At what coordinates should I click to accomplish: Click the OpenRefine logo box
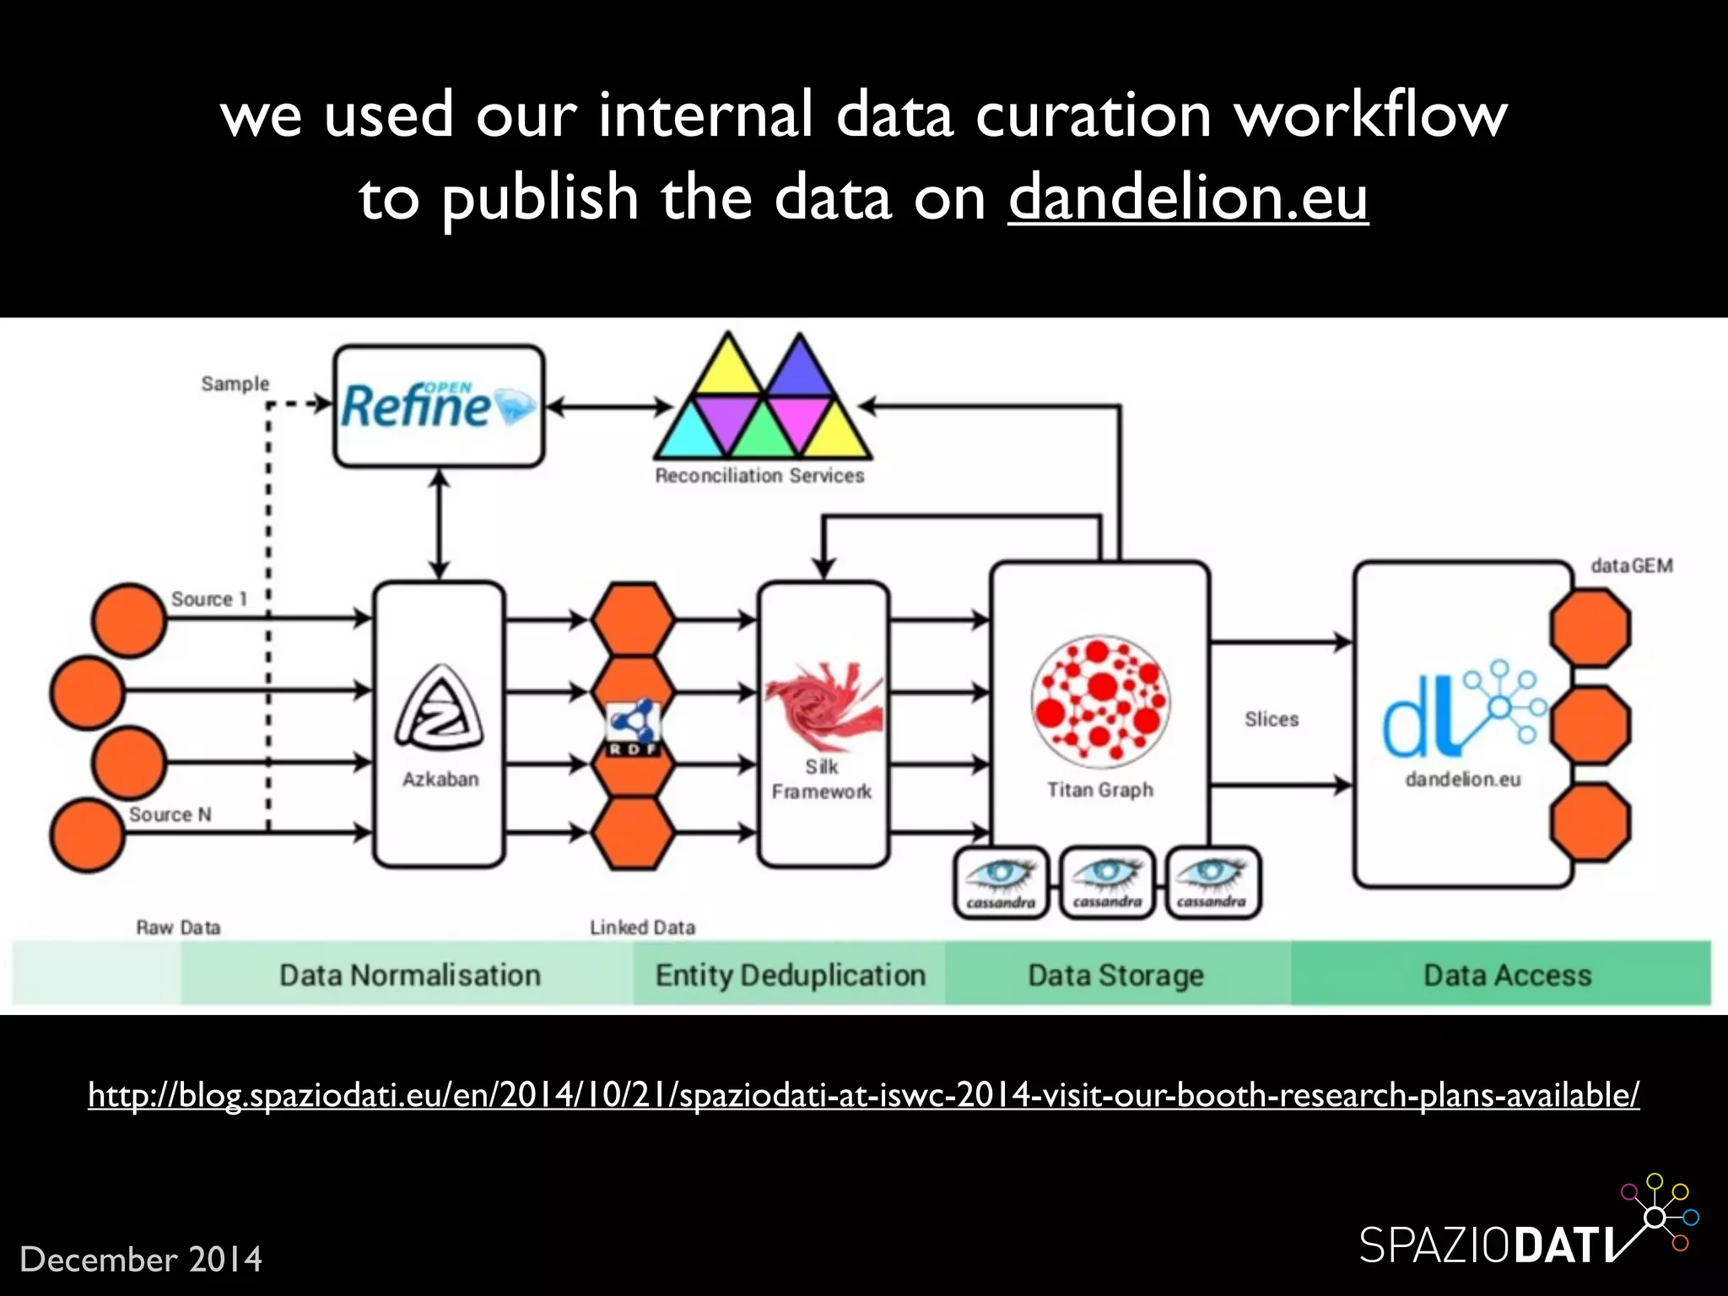[x=439, y=406]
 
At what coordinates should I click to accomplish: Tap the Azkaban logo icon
[x=440, y=710]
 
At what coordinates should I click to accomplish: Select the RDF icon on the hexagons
[x=633, y=726]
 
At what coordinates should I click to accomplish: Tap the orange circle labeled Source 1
[x=128, y=620]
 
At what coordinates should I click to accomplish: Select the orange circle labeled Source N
[x=86, y=835]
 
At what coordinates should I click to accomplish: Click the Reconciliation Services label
[x=759, y=476]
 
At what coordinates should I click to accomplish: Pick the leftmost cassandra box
[x=1001, y=883]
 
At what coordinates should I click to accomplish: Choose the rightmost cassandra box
[x=1212, y=883]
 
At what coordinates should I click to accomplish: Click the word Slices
[x=1272, y=720]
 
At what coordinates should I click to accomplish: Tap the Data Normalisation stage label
[x=410, y=975]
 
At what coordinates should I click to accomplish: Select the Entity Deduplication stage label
[x=791, y=975]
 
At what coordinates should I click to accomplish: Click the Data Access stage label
[x=1507, y=975]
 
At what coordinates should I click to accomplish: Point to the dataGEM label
[x=1631, y=566]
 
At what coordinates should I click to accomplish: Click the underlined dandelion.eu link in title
[x=1188, y=197]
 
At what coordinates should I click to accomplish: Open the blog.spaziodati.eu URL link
[x=863, y=1095]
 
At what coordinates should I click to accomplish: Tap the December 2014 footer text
[x=141, y=1260]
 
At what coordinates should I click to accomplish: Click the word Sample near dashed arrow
[x=235, y=384]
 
